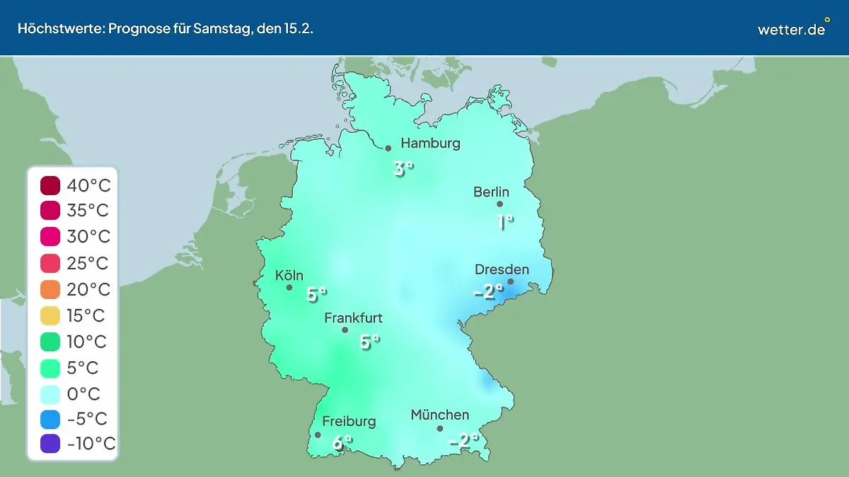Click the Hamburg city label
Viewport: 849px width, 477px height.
click(x=430, y=143)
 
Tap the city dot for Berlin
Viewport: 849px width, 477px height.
click(x=499, y=204)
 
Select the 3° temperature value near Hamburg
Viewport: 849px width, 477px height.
click(x=403, y=169)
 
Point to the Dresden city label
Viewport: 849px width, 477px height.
click(x=502, y=269)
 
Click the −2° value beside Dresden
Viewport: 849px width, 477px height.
click(x=488, y=290)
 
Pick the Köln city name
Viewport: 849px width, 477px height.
click(x=290, y=276)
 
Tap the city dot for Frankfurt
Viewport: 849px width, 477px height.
click(x=345, y=330)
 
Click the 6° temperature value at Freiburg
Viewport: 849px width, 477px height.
click(x=342, y=443)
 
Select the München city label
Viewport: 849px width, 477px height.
click(x=439, y=415)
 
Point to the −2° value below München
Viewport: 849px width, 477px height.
click(x=464, y=441)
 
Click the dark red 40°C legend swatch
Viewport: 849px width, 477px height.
click(x=50, y=186)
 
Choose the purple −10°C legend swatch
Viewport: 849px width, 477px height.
click(x=50, y=444)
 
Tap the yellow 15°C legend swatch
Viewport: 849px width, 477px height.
click(x=50, y=315)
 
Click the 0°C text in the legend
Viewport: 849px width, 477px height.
click(x=83, y=393)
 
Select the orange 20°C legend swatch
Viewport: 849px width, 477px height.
click(x=50, y=289)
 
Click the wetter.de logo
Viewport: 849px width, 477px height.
click(x=792, y=28)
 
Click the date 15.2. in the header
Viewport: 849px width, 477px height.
click(x=299, y=29)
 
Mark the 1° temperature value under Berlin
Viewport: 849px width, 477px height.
click(x=505, y=222)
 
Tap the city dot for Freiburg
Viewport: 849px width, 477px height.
click(x=318, y=435)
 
